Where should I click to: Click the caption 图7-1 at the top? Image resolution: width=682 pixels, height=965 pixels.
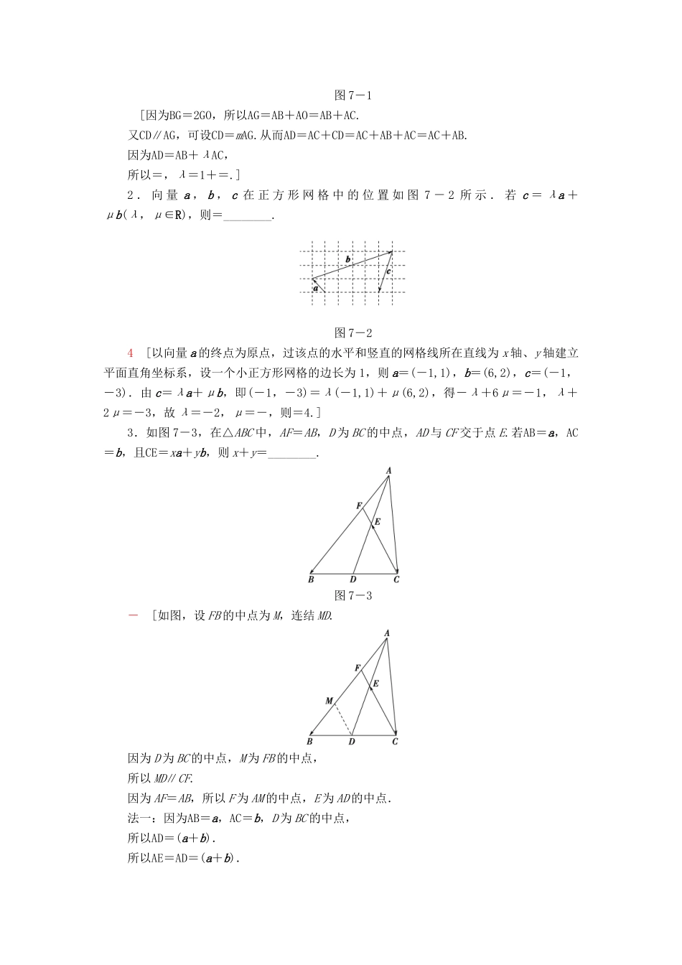click(x=353, y=95)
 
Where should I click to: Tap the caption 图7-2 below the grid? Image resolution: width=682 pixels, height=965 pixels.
click(x=353, y=332)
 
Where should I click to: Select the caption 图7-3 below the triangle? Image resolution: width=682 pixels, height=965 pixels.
click(x=353, y=595)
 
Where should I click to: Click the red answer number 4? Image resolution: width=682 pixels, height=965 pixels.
click(x=130, y=353)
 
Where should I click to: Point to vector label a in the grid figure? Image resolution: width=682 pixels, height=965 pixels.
click(x=315, y=288)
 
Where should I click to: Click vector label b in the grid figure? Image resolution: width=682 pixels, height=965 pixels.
click(x=348, y=258)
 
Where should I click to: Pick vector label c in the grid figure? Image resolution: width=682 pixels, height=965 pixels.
click(x=388, y=271)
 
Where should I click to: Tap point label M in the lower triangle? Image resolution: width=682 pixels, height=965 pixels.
click(x=329, y=701)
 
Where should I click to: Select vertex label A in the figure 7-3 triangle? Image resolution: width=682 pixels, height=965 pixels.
click(x=388, y=471)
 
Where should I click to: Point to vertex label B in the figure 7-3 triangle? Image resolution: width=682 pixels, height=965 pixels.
click(x=311, y=579)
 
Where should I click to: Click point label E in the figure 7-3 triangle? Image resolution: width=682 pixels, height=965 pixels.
click(x=378, y=522)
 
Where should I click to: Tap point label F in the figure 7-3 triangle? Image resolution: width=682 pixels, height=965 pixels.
click(x=359, y=506)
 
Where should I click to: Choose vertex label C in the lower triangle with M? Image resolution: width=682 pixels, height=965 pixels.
click(x=395, y=742)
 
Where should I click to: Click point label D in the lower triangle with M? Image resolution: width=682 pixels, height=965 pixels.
click(x=352, y=742)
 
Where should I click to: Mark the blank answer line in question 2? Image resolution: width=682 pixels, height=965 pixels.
click(x=248, y=215)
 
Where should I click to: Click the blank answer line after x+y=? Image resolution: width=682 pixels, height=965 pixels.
click(x=292, y=453)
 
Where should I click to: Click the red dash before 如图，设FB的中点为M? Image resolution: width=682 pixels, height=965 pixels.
click(x=132, y=616)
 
